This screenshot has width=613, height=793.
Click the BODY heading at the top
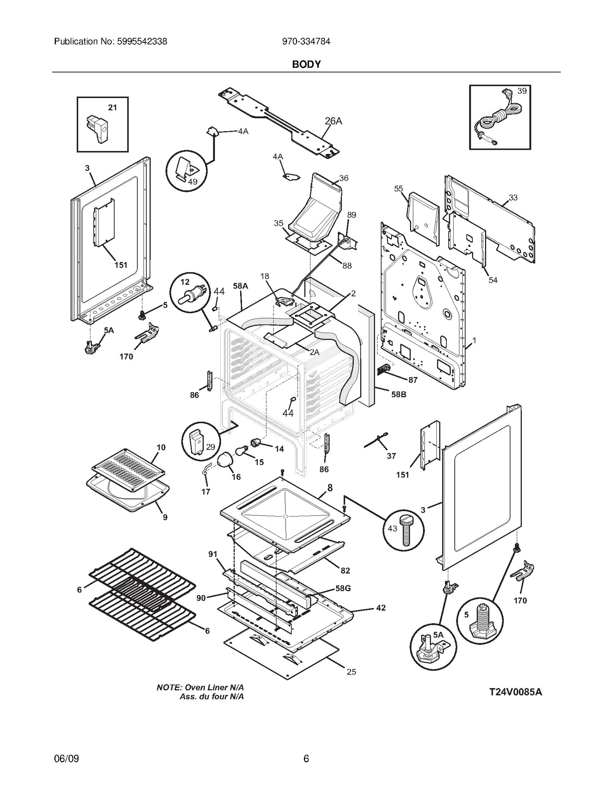point(306,64)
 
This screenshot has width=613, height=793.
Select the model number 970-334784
point(306,41)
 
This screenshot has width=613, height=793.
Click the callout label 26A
point(333,121)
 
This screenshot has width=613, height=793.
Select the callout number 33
point(513,198)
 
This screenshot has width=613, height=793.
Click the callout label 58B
point(398,394)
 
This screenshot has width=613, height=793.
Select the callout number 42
point(380,608)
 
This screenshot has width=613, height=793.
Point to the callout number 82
point(345,581)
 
